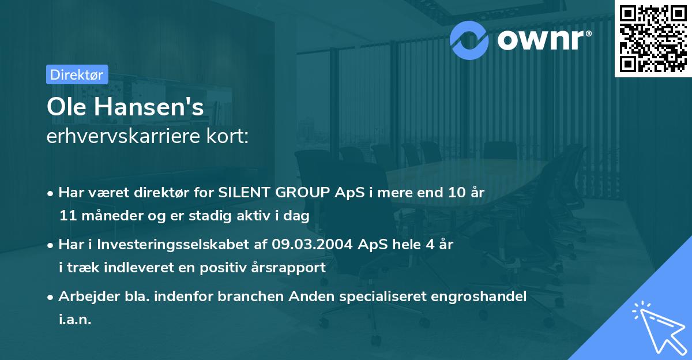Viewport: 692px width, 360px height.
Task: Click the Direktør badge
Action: [76, 74]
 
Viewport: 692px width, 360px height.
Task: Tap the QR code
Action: [652, 38]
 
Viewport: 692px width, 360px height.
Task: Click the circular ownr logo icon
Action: [469, 39]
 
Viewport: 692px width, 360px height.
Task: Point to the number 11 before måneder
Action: [67, 216]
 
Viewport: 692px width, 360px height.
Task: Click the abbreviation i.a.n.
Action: [75, 319]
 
